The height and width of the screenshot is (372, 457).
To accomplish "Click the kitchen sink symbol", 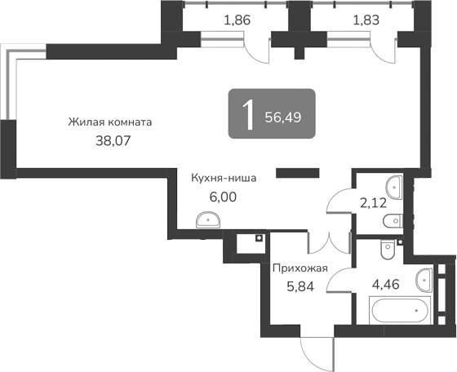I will tap(208, 219).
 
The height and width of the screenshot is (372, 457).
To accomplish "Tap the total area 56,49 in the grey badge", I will tap(283, 117).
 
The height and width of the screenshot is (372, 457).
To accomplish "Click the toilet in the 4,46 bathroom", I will tap(388, 246).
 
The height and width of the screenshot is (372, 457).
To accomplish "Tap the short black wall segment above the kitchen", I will tap(297, 172).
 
